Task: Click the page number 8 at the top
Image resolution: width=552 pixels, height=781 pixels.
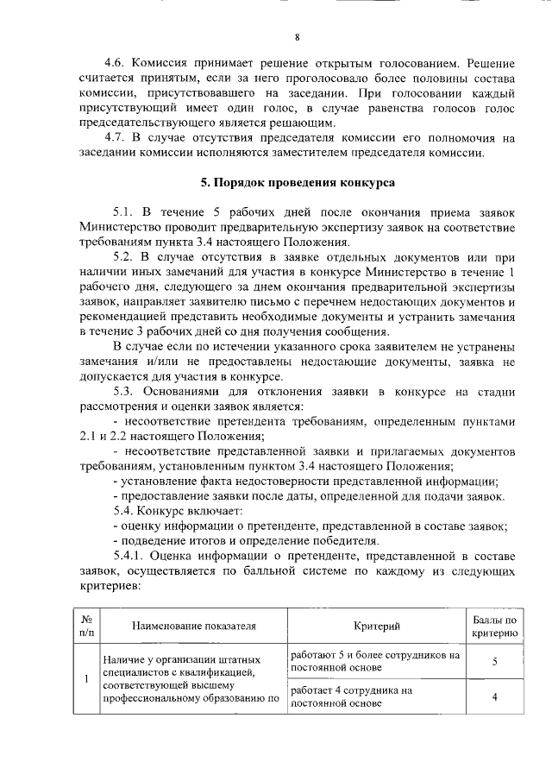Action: pyautogui.click(x=298, y=36)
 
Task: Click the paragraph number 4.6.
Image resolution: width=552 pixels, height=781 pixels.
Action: pyautogui.click(x=116, y=63)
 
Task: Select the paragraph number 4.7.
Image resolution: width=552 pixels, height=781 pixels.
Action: pyautogui.click(x=116, y=139)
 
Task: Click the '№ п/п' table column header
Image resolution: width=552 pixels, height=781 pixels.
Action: pyautogui.click(x=86, y=626)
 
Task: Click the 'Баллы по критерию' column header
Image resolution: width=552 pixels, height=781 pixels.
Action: pyautogui.click(x=495, y=627)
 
